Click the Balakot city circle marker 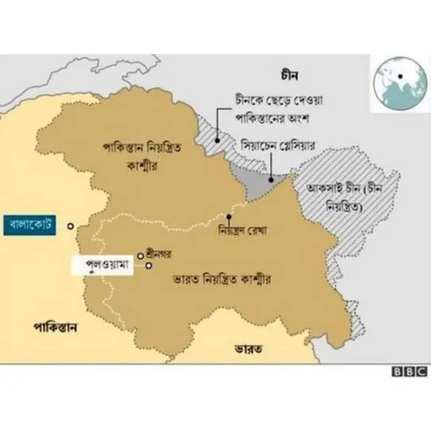(71, 226)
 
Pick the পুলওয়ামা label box (108, 264)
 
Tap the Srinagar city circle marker (141, 255)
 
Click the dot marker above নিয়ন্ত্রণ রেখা (229, 217)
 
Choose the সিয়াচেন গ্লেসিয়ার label (277, 145)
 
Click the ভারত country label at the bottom (248, 348)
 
